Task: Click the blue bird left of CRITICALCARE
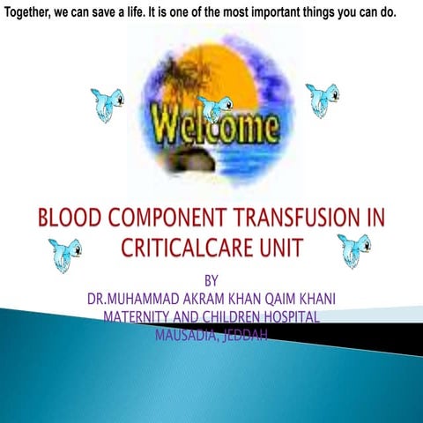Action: (x=64, y=255)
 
